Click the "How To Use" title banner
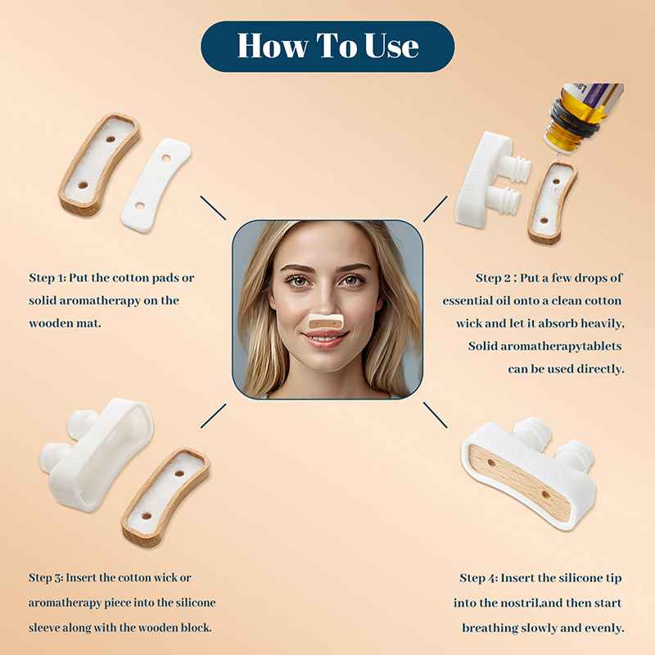pos(327,47)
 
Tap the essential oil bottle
pos(582,117)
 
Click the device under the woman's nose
pos(326,322)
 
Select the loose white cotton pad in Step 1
pos(156,185)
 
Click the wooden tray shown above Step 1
pos(99,164)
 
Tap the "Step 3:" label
pos(46,578)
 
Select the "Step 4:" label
pos(479,578)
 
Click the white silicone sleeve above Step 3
pos(96,454)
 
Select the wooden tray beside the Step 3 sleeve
pos(166,497)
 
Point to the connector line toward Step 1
pos(213,208)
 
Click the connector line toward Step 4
pos(436,415)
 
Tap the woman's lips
pos(325,340)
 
